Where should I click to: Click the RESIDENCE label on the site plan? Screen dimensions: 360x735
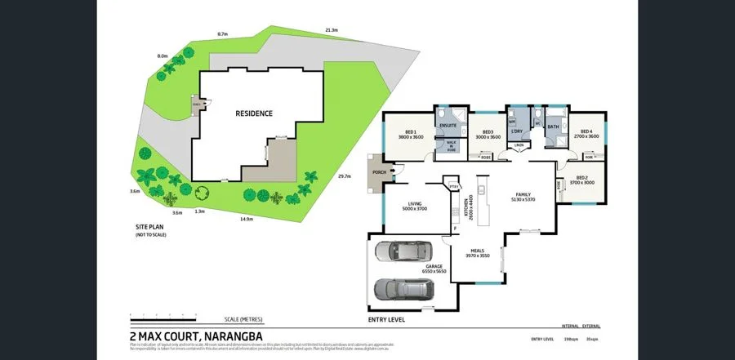tap(254, 113)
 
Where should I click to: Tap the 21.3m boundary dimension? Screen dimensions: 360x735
tap(331, 30)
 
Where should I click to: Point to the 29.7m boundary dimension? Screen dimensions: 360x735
tap(344, 176)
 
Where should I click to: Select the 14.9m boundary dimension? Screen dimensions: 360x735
tap(245, 219)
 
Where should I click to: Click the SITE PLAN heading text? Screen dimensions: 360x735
tap(149, 227)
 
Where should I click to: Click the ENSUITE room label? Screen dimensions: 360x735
tap(447, 125)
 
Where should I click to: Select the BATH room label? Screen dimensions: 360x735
tap(553, 127)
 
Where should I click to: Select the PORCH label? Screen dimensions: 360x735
tap(379, 172)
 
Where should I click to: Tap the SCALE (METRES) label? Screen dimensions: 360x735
tap(243, 319)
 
